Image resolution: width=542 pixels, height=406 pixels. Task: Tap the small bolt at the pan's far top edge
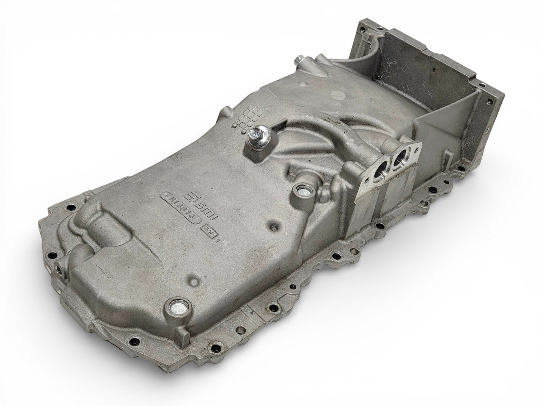pos(299,60)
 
